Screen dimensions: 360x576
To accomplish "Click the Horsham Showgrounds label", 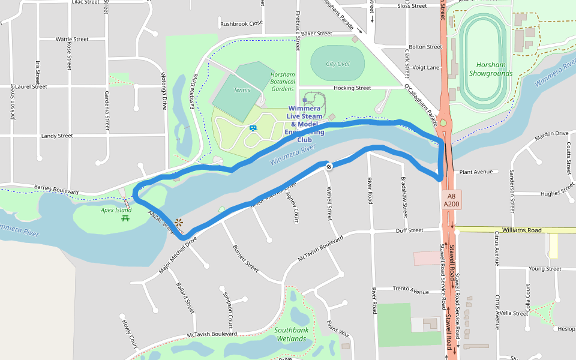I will [x=491, y=69].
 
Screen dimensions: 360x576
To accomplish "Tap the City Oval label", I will [x=338, y=64].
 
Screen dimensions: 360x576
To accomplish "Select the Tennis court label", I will [x=241, y=90].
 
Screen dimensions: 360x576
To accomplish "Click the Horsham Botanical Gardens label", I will [x=283, y=82].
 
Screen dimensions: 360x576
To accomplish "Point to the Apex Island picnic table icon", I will [x=125, y=218].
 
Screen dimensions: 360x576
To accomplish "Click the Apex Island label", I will [x=116, y=210].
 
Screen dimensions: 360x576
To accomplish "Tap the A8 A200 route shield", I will [x=451, y=200].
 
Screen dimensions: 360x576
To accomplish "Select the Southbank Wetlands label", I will [x=291, y=334].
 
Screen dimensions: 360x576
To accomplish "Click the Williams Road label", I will [x=522, y=230].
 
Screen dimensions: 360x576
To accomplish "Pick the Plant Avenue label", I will [x=475, y=172].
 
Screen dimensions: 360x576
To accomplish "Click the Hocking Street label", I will [x=352, y=88].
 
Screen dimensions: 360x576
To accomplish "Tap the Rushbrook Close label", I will [x=242, y=23].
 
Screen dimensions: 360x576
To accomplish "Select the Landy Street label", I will [x=57, y=136].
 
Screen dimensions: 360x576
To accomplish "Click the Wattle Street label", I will [x=72, y=39].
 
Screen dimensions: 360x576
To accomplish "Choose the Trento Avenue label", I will [x=411, y=290].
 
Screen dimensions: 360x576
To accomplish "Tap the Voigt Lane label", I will [x=426, y=68].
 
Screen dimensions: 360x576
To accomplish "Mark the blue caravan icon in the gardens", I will [x=253, y=128].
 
